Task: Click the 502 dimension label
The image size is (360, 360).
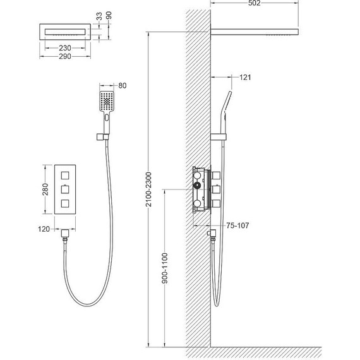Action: click(254, 3)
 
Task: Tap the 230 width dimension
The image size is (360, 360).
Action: click(65, 48)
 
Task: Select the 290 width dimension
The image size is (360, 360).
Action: click(65, 56)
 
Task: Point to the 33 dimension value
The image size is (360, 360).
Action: click(99, 16)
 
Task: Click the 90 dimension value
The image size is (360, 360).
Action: click(109, 15)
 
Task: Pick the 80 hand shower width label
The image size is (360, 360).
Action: click(123, 86)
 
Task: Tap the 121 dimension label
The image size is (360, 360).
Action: click(245, 78)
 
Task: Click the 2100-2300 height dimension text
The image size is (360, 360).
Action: click(149, 189)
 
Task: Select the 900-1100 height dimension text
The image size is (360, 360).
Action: click(165, 268)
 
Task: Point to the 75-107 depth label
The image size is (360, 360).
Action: click(237, 225)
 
